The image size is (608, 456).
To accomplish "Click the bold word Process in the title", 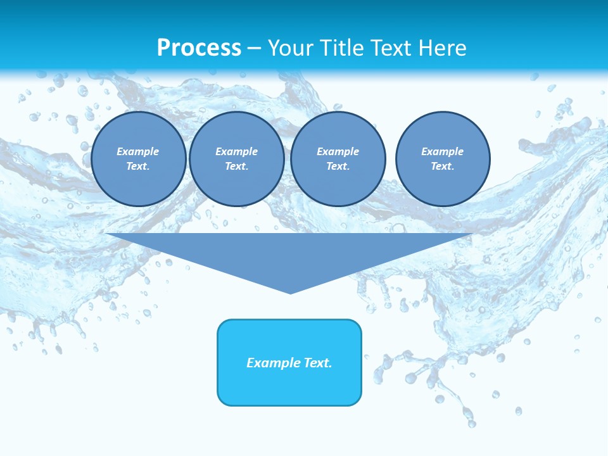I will click(199, 48).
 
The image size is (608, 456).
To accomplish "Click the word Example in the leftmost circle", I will click(138, 151).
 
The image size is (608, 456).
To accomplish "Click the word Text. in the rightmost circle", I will click(443, 166).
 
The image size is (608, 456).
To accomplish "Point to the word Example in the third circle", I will click(338, 151).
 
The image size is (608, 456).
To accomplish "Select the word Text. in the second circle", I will click(236, 166).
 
